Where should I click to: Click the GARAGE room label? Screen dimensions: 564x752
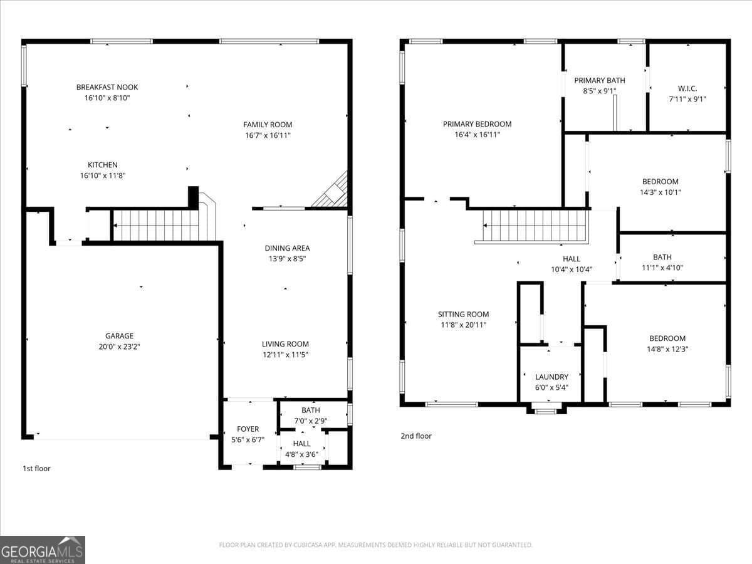pyautogui.click(x=119, y=336)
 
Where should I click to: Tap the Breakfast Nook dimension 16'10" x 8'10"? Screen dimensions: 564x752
pyautogui.click(x=107, y=98)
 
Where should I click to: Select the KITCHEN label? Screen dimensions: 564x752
pyautogui.click(x=102, y=165)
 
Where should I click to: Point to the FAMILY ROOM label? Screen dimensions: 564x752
pyautogui.click(x=268, y=125)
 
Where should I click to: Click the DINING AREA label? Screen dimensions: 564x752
pyautogui.click(x=287, y=248)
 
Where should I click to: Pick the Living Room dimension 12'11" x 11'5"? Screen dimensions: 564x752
pyautogui.click(x=285, y=355)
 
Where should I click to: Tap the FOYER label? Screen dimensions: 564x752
pyautogui.click(x=248, y=429)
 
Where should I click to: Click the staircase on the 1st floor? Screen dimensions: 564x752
pyautogui.click(x=157, y=226)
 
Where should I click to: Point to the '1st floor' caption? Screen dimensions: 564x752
pyautogui.click(x=36, y=468)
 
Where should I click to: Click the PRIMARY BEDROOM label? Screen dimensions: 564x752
pyautogui.click(x=477, y=124)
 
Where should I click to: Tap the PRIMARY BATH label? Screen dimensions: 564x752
pyautogui.click(x=600, y=80)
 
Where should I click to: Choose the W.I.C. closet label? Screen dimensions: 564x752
pyautogui.click(x=687, y=88)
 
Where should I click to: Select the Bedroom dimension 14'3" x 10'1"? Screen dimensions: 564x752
pyautogui.click(x=660, y=192)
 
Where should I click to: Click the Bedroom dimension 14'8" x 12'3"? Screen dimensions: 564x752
pyautogui.click(x=667, y=349)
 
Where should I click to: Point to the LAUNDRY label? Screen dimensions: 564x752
pyautogui.click(x=551, y=377)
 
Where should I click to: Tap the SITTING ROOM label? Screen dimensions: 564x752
pyautogui.click(x=463, y=315)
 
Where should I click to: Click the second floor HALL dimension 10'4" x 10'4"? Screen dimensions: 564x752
pyautogui.click(x=571, y=269)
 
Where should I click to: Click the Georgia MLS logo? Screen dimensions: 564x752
pyautogui.click(x=43, y=550)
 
